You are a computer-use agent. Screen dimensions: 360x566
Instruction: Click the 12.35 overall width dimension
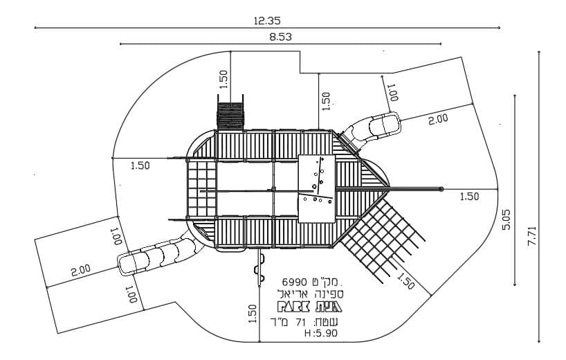click(267, 21)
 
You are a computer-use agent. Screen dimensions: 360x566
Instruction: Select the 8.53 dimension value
click(280, 37)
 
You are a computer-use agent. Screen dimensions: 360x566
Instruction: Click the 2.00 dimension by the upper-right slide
click(438, 119)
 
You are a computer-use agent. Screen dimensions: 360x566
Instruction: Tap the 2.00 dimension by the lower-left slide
click(80, 270)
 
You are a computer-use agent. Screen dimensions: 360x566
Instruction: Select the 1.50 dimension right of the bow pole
click(469, 197)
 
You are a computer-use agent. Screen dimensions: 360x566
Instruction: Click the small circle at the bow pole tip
click(441, 188)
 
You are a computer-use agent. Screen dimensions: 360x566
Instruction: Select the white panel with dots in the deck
click(316, 188)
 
